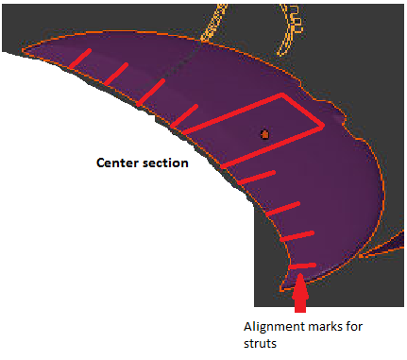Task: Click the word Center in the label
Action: (117, 163)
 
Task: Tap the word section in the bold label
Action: (165, 163)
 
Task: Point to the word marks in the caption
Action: (326, 326)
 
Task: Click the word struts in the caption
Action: (260, 343)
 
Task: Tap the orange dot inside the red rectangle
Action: (264, 134)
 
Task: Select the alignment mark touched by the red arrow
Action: (302, 266)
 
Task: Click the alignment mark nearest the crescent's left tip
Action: (80, 58)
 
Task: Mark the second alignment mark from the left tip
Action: (116, 74)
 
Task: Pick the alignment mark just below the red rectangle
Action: (256, 178)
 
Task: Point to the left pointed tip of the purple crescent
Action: (23, 50)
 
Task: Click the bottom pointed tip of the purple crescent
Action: (281, 289)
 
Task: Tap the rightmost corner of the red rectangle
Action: (323, 126)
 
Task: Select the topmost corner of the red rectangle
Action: (282, 94)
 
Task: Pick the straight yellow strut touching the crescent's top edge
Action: (214, 23)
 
